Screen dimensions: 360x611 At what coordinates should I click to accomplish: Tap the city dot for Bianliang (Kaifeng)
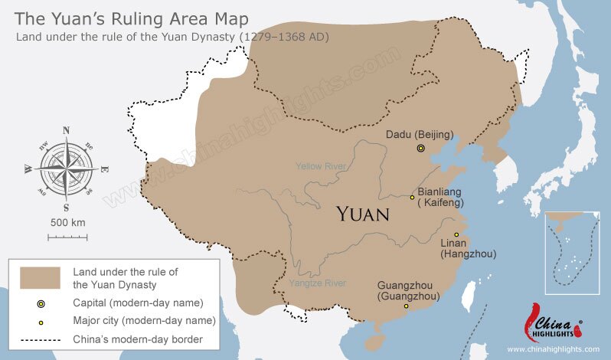click(412, 197)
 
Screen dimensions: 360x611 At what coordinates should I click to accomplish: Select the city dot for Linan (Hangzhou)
click(456, 234)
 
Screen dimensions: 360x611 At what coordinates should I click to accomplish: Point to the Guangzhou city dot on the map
click(406, 306)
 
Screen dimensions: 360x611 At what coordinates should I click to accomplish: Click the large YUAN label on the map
click(364, 214)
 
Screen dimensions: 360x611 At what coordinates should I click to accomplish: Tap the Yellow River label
click(322, 166)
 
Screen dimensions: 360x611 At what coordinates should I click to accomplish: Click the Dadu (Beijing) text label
click(419, 134)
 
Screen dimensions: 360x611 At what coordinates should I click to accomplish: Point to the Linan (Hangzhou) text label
click(469, 248)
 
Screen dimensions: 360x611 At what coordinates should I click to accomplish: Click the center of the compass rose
click(66, 168)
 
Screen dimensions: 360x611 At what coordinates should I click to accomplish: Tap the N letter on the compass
click(66, 130)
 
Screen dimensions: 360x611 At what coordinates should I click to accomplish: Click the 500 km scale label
click(67, 222)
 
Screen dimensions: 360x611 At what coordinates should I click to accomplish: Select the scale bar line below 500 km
click(67, 237)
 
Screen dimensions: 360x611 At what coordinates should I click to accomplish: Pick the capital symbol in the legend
click(41, 303)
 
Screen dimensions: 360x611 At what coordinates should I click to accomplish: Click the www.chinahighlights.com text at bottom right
click(553, 349)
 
